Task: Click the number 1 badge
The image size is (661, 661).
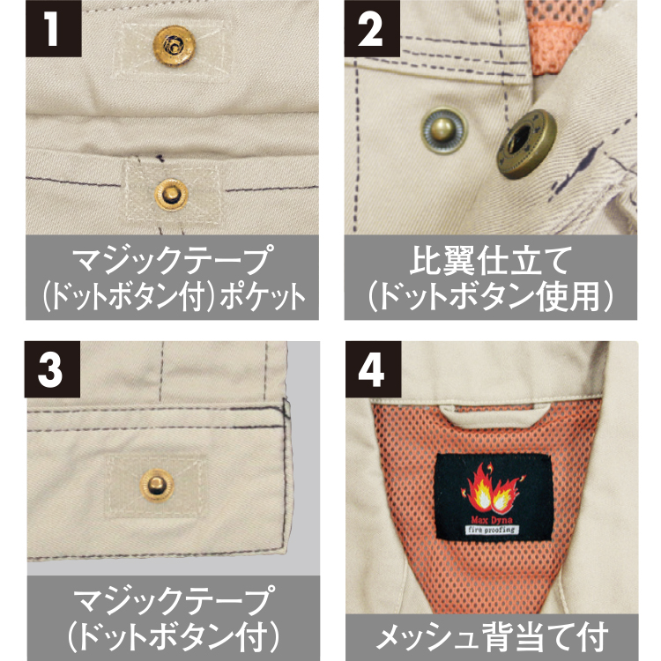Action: pyautogui.click(x=54, y=29)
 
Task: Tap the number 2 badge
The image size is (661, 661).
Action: pyautogui.click(x=372, y=29)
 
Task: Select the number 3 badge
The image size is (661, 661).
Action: pyautogui.click(x=52, y=369)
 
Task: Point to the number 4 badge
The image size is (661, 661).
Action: pyautogui.click(x=373, y=369)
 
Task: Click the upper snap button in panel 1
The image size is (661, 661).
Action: pyautogui.click(x=175, y=46)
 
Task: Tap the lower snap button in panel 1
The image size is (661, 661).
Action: pyautogui.click(x=171, y=195)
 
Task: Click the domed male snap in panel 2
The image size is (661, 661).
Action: pyautogui.click(x=444, y=130)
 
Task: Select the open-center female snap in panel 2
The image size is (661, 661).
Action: pyautogui.click(x=526, y=144)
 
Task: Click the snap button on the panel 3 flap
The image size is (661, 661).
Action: pyautogui.click(x=157, y=486)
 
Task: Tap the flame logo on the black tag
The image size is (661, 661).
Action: pyautogui.click(x=494, y=487)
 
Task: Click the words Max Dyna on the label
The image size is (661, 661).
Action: pyautogui.click(x=492, y=520)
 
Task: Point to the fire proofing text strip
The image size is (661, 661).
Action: pyautogui.click(x=492, y=530)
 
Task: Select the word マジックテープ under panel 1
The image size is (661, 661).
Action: pyautogui.click(x=172, y=260)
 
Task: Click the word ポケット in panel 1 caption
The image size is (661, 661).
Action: pyautogui.click(x=263, y=297)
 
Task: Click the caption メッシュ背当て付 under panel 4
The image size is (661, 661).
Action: pyautogui.click(x=492, y=636)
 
